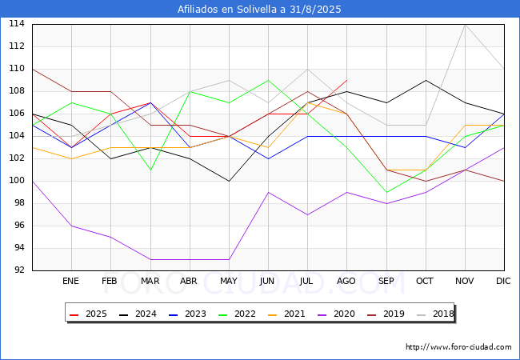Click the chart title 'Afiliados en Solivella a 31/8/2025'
(260, 10)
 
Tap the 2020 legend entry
(346, 314)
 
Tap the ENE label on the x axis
(71, 281)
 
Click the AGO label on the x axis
(346, 281)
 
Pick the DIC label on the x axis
(504, 281)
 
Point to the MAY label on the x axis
(229, 281)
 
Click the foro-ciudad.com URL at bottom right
(458, 347)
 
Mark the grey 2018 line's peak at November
(465, 24)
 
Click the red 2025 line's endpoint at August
(346, 80)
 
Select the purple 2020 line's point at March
(150, 259)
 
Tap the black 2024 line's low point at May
(229, 181)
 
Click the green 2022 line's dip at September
(386, 192)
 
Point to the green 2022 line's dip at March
(150, 170)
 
